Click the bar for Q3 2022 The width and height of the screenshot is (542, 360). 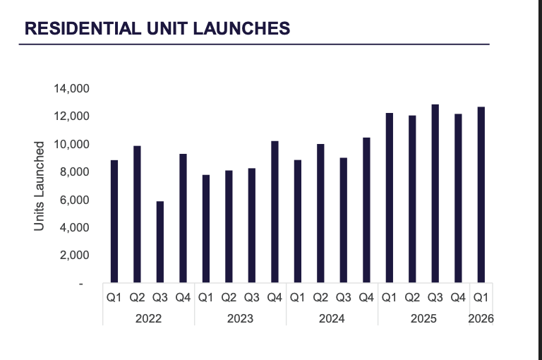point(160,242)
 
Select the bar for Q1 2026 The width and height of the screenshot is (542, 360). point(481,195)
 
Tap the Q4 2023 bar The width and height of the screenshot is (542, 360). point(275,212)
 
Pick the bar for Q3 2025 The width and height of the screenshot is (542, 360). point(435,194)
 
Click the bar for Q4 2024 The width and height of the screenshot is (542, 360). point(366,210)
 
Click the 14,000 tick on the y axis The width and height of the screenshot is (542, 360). point(70,89)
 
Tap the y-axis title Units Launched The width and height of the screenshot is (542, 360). point(40,186)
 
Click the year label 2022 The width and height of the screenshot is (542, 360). point(148,318)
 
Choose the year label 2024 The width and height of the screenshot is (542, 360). point(332,318)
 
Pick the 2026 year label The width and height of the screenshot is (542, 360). point(481,318)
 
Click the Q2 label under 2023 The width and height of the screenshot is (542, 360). point(229,298)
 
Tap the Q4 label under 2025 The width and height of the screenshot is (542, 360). point(458,298)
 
